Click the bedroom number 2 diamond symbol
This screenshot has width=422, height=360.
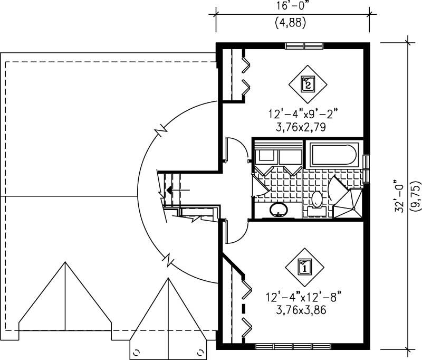tap(308, 83)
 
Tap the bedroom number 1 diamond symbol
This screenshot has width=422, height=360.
tap(304, 267)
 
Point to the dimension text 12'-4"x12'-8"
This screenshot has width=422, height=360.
tap(300, 297)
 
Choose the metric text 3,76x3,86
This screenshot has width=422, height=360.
tap(300, 310)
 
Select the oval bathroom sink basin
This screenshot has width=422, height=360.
tap(279, 210)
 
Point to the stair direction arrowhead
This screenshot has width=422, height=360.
tap(169, 188)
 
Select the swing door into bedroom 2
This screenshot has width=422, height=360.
tap(235, 149)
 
